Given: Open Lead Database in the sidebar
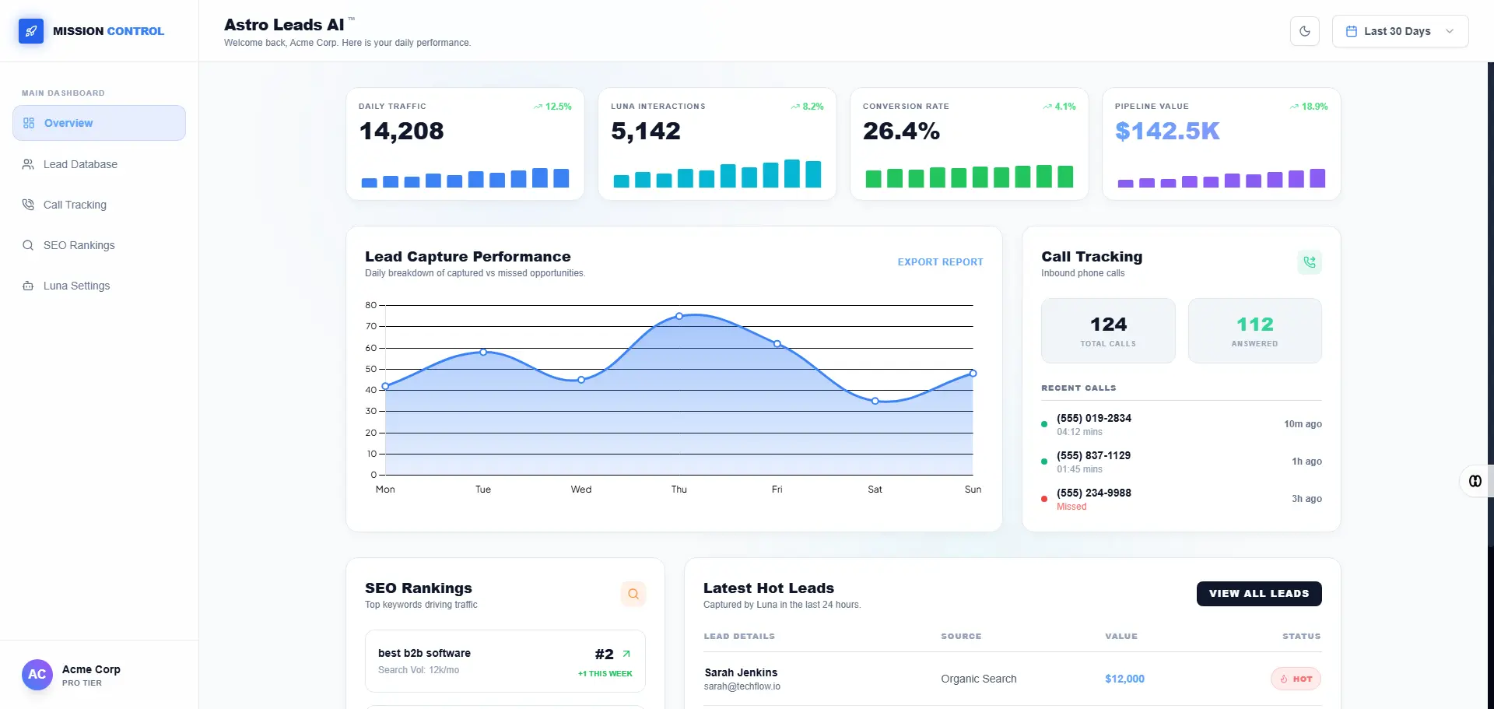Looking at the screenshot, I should [80, 164].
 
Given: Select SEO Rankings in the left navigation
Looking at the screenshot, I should [79, 245].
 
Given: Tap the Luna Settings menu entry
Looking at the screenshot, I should [76, 286].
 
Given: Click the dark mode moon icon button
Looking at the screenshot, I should [1305, 31].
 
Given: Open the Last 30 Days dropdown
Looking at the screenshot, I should [1400, 31].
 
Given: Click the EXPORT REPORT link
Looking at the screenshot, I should [940, 262].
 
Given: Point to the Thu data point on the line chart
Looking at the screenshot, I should [679, 316].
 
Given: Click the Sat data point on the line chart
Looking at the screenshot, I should [875, 401].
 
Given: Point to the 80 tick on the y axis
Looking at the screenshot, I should [371, 305].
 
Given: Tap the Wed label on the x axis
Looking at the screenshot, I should [581, 490].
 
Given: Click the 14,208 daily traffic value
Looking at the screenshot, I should [402, 132].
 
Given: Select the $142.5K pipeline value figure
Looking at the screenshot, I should [1167, 132].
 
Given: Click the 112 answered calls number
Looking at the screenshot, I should [1254, 325].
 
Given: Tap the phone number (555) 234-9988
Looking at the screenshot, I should [1094, 493].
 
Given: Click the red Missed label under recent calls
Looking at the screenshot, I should [1071, 507].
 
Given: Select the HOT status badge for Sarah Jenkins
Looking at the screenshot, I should [1296, 679].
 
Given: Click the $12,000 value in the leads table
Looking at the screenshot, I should [1124, 679].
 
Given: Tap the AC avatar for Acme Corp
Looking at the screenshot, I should [37, 675].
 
